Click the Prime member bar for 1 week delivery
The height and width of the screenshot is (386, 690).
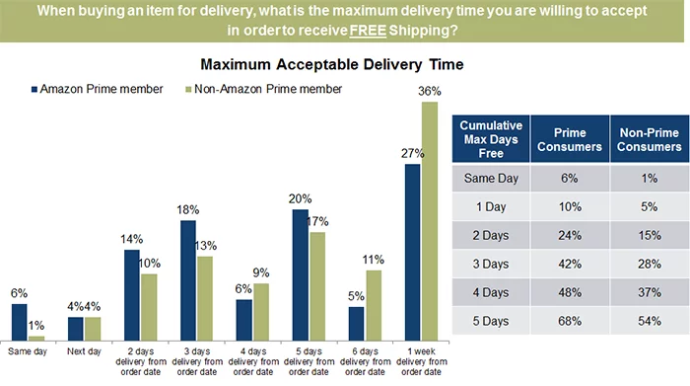click(x=412, y=251)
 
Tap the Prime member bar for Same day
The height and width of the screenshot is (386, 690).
click(x=20, y=321)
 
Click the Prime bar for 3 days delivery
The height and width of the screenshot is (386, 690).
click(x=187, y=279)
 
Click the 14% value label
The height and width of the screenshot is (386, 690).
click(x=131, y=237)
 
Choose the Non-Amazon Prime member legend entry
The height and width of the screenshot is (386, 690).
click(x=262, y=89)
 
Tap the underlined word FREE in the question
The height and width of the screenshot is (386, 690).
click(x=336, y=30)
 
